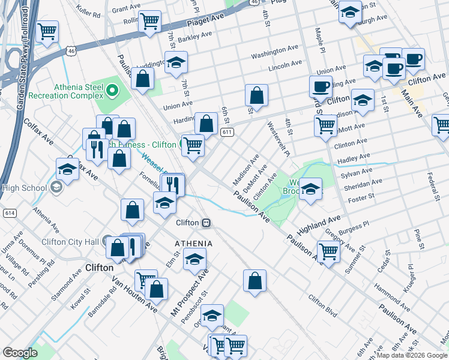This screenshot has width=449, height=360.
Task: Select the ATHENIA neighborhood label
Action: (x=193, y=243)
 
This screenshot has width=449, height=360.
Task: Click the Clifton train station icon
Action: (x=206, y=223)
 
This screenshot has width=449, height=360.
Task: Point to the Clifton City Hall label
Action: (x=70, y=242)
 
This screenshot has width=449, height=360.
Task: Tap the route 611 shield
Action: (x=226, y=132)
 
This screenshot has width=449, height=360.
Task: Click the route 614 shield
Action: (x=10, y=212)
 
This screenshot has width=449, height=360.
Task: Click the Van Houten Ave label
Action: (x=134, y=295)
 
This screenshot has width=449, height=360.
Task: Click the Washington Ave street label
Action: (x=275, y=52)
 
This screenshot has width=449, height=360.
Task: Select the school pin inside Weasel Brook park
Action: (x=310, y=188)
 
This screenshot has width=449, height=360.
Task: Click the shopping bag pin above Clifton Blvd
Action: (x=255, y=281)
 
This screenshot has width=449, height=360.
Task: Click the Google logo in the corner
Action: (x=20, y=353)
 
